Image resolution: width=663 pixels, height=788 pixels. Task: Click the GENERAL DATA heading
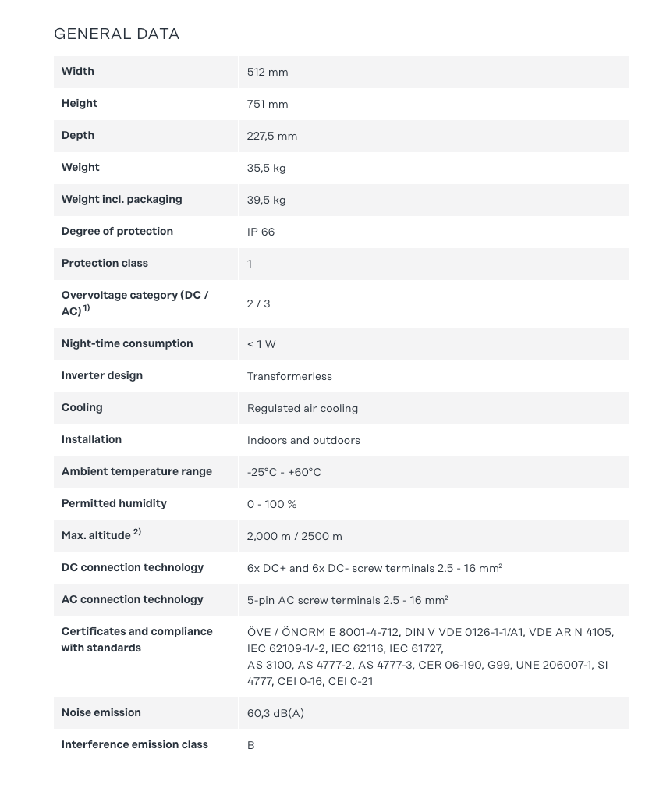[116, 34]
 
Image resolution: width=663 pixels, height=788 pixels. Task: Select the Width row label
[78, 71]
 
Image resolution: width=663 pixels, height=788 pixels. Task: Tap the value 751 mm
[268, 104]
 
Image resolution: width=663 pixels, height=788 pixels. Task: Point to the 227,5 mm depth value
[272, 136]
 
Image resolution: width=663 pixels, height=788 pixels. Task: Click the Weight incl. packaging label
[122, 199]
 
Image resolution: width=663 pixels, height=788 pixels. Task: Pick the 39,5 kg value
[266, 200]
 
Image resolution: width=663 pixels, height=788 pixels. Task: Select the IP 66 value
[261, 232]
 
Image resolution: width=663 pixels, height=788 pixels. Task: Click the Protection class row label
[105, 263]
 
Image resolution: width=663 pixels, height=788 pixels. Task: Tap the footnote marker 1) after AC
[87, 308]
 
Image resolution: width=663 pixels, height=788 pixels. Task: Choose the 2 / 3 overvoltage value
[258, 303]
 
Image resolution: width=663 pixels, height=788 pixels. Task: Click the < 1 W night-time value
[261, 344]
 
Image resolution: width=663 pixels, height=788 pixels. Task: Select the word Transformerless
[289, 376]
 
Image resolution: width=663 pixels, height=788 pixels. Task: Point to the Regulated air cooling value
[303, 408]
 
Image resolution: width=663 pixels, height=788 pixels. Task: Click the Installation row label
[91, 439]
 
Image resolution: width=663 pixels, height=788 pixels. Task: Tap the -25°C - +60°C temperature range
[284, 472]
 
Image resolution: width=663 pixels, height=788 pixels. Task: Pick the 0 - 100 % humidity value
[271, 504]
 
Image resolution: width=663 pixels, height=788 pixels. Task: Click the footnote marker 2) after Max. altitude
[137, 532]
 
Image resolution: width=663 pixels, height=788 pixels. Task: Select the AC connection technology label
[132, 599]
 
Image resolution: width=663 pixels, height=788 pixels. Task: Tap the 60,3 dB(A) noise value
[275, 713]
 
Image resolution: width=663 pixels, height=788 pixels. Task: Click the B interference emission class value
[250, 745]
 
